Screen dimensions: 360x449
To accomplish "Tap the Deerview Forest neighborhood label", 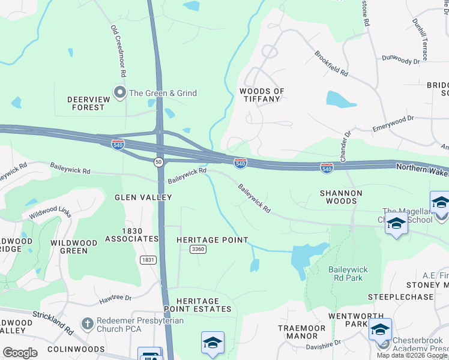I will point(85,103).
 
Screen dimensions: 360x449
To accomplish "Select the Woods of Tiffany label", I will point(262,95).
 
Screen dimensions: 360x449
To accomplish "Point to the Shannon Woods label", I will point(341,197).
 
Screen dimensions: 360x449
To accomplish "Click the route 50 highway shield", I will point(158,162).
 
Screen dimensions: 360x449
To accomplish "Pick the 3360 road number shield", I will point(197,249).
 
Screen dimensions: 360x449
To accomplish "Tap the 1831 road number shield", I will point(148,259).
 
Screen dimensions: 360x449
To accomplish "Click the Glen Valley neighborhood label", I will point(143,197).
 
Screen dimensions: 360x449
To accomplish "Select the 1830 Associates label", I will point(131,235).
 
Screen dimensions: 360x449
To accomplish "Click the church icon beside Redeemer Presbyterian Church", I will point(87,323).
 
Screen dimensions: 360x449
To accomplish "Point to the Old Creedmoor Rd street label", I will point(118,51).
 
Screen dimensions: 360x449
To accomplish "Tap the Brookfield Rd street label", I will point(331,63).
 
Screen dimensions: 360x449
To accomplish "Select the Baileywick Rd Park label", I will point(348,274).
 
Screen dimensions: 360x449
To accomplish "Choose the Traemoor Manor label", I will point(301,332).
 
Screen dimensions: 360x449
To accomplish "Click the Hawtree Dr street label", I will point(115,298).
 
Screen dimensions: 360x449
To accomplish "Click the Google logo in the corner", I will point(20,353).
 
